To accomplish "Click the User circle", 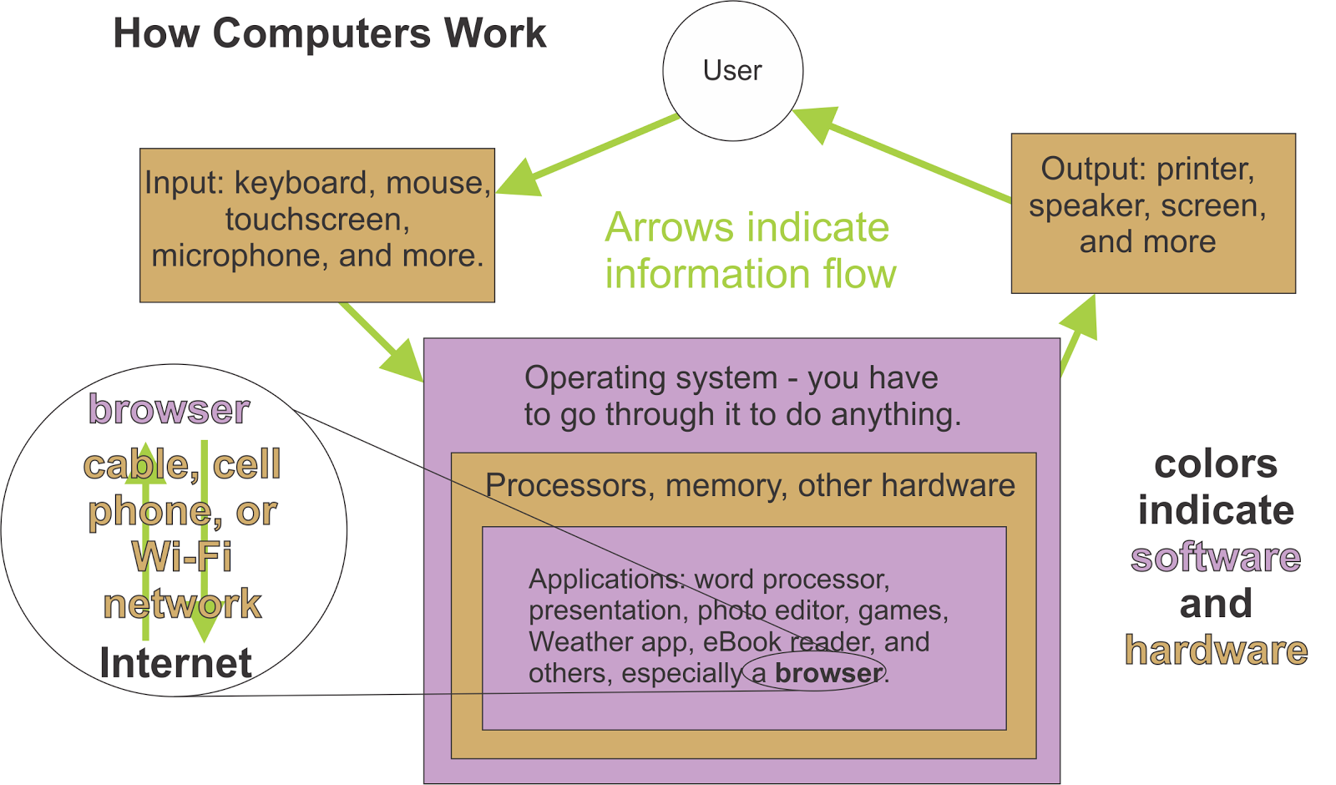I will click(x=732, y=71).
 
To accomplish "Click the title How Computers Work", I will click(x=329, y=34).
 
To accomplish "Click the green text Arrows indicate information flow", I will click(x=749, y=251).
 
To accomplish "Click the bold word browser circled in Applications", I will click(x=827, y=673).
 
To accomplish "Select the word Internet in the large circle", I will click(x=175, y=663).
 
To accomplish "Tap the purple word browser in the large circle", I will click(x=170, y=409).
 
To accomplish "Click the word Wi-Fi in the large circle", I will click(x=182, y=557).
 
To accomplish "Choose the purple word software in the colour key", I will click(x=1215, y=557).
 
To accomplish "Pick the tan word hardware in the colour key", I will click(x=1216, y=651).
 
